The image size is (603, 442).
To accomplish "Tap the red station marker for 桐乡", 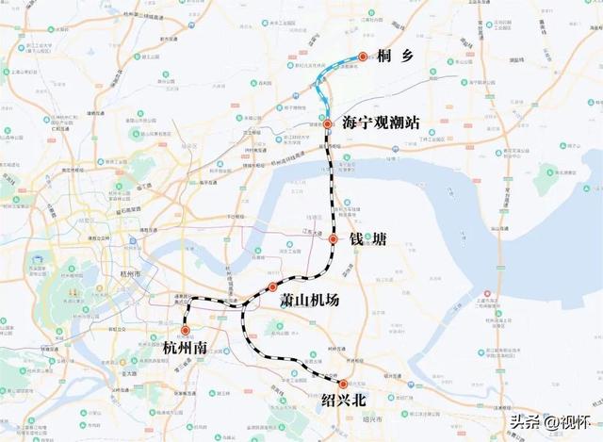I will click(x=363, y=57).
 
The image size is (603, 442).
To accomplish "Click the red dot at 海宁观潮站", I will click(x=327, y=124).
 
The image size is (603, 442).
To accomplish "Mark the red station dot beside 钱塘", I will click(x=333, y=240).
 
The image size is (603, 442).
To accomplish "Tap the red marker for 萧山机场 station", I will click(x=272, y=286).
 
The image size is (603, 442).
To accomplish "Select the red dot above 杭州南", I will click(x=186, y=330).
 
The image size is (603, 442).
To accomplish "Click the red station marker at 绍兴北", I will click(x=343, y=384).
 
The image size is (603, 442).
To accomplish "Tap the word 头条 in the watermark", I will click(x=525, y=421).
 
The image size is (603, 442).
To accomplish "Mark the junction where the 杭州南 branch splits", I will click(x=243, y=304).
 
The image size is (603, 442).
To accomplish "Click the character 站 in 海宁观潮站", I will click(x=411, y=123).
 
